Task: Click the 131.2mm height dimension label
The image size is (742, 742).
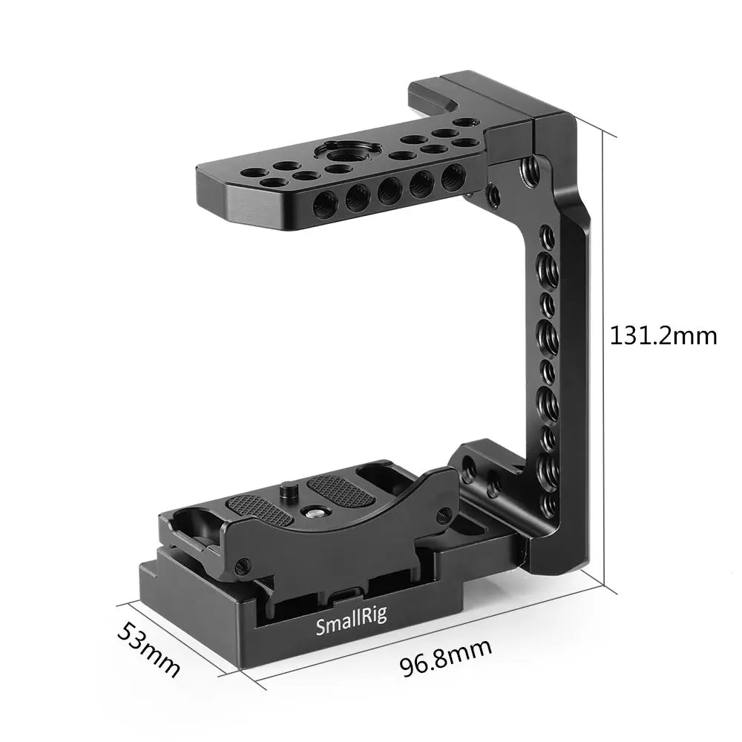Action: pyautogui.click(x=663, y=335)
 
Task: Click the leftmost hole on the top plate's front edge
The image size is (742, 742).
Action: pyautogui.click(x=325, y=203)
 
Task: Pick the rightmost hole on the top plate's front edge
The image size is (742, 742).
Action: pyautogui.click(x=451, y=177)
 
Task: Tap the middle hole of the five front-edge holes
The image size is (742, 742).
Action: pyautogui.click(x=390, y=190)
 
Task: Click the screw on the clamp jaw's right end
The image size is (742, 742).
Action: pyautogui.click(x=443, y=513)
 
